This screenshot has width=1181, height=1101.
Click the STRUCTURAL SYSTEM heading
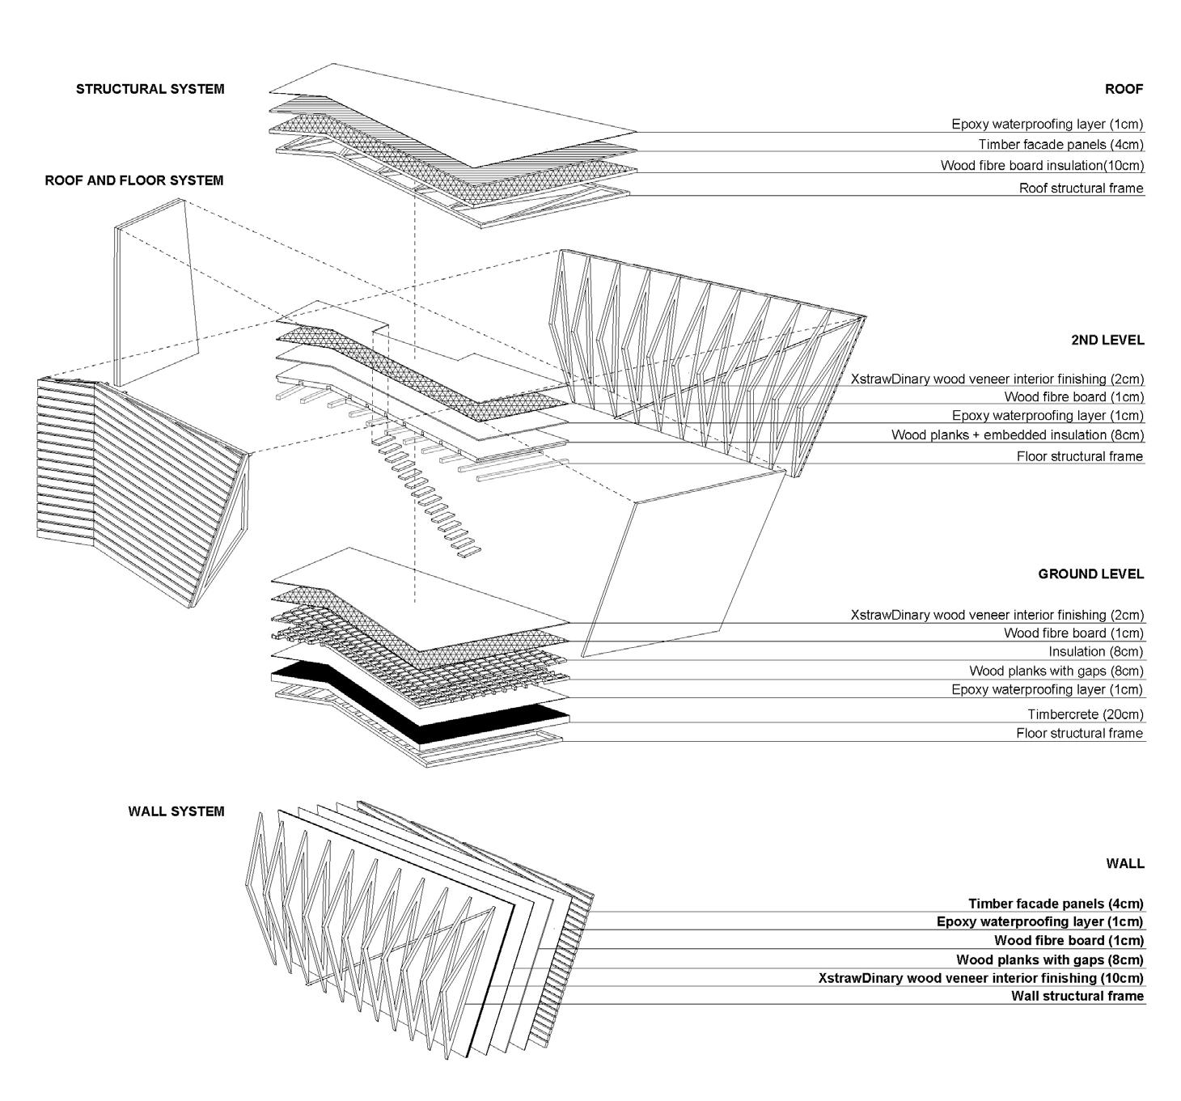coord(150,89)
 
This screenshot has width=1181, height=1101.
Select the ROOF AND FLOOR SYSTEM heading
coord(134,180)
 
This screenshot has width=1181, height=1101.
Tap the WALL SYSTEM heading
coord(176,811)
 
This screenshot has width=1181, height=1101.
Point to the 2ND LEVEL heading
coord(1107,340)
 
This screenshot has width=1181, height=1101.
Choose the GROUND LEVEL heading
coord(1091,574)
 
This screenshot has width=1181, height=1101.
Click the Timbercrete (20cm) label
coord(1086,714)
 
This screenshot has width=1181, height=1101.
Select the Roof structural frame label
coord(1081,188)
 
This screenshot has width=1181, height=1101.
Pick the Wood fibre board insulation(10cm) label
coord(1042,166)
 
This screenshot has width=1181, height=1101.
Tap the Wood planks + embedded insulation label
coord(1018,435)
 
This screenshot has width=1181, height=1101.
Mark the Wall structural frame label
coord(1077,996)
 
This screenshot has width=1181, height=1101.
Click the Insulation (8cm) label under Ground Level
coord(1096,652)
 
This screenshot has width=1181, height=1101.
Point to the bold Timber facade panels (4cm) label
coord(1056,904)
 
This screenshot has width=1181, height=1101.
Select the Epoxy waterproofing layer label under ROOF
coord(1047,125)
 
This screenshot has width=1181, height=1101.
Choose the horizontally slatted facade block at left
coord(138,485)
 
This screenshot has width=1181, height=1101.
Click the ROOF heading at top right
coord(1124,89)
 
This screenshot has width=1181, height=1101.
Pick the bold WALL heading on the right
coord(1125,864)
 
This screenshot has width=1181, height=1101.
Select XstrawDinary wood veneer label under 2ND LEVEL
coord(997,379)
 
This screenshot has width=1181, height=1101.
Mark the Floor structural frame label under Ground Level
coord(1079,734)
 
